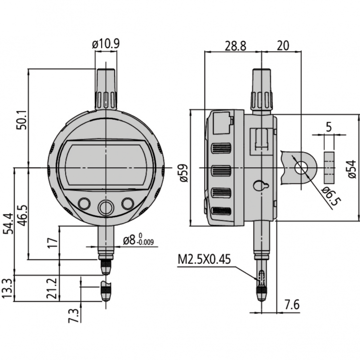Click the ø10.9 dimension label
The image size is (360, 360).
click(106, 44)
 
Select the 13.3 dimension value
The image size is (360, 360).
click(8, 288)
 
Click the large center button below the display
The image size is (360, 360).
click(105, 208)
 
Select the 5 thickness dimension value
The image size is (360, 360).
click(329, 127)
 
